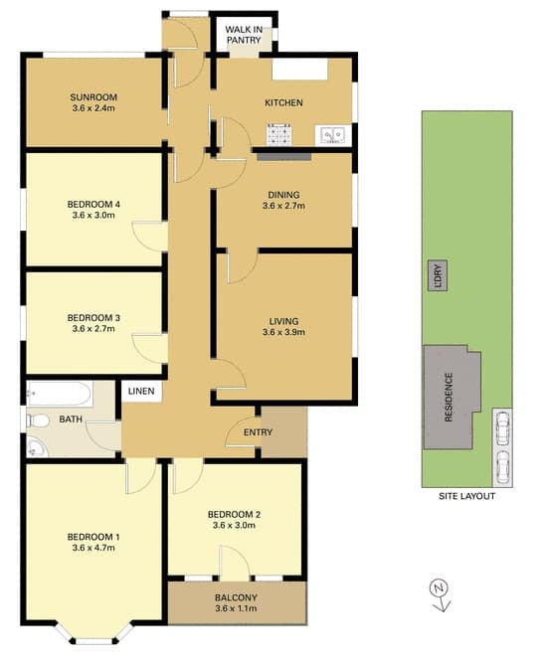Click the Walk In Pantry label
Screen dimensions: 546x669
coord(244,35)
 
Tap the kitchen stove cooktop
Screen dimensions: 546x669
coord(279,135)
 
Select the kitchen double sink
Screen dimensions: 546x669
coord(332,135)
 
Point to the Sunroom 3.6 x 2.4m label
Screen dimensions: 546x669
coord(93,102)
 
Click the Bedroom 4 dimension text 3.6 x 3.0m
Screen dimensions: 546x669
coord(93,215)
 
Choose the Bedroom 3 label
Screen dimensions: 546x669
coord(93,318)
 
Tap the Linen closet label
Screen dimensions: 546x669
coord(141,392)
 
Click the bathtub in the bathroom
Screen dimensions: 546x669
coord(59,394)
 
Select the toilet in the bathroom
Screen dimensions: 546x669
coord(38,421)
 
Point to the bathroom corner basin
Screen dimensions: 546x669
coord(36,447)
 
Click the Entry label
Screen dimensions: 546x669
coord(258,432)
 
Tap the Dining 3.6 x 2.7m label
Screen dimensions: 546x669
coord(283,200)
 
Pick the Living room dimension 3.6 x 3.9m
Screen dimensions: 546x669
coord(283,332)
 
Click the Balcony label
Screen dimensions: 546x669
coord(236,597)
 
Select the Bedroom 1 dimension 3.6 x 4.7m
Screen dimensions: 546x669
coord(93,548)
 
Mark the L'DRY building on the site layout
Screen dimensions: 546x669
coord(438,275)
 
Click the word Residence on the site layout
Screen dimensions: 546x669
coord(449,398)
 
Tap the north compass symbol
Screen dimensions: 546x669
coord(440,595)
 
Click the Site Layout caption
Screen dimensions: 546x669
coord(467,496)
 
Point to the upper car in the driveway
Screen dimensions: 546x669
coord(503,426)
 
